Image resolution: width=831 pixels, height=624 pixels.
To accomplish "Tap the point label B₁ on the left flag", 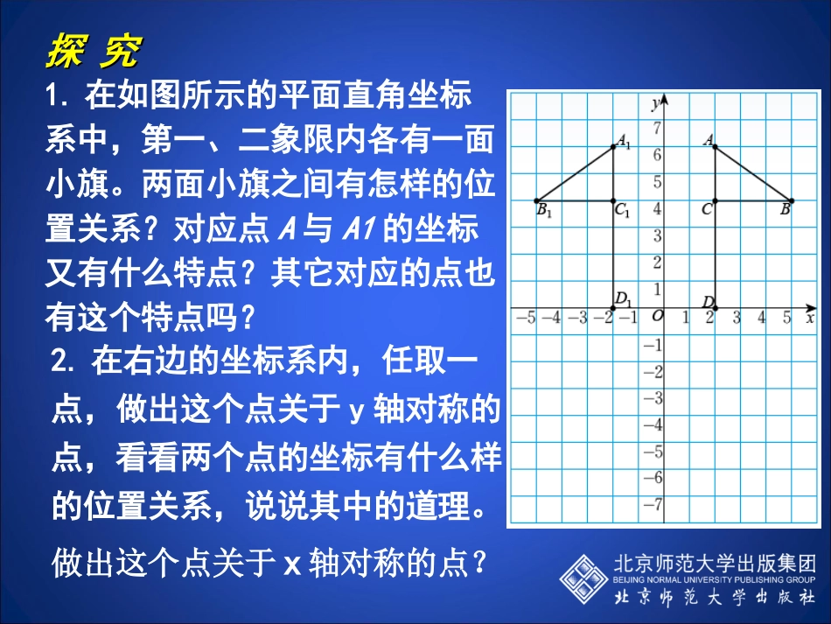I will [x=544, y=211].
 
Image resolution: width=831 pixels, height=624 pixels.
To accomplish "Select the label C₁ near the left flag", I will [x=623, y=211].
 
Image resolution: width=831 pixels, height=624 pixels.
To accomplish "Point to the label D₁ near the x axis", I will [x=624, y=298].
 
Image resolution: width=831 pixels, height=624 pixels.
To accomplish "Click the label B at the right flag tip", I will [x=785, y=210].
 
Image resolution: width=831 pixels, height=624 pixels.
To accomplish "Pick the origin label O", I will [x=657, y=316].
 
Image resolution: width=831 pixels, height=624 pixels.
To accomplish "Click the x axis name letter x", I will [x=810, y=318].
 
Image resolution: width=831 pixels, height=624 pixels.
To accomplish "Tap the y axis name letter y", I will [x=655, y=103].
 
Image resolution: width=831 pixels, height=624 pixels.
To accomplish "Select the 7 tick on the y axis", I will [x=657, y=129].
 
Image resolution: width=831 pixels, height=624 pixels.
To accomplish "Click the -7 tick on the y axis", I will [x=653, y=505].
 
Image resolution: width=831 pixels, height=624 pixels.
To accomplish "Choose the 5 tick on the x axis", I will [x=787, y=317].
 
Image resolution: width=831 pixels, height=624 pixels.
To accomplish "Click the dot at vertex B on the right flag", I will [x=792, y=200].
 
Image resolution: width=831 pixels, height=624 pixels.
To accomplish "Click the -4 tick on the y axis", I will [x=653, y=424].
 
